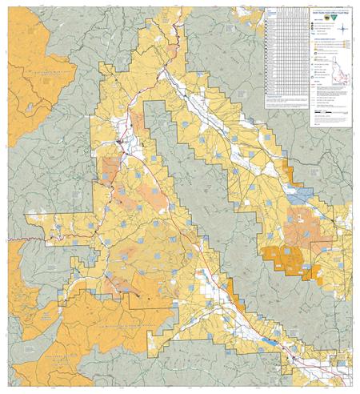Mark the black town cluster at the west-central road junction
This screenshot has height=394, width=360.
tap(119, 143)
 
